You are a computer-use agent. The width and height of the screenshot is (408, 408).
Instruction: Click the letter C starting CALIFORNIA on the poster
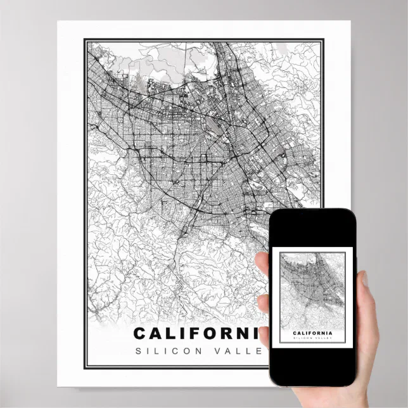[x=141, y=333]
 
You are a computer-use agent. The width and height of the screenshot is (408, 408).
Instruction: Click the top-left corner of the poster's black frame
[x=86, y=40]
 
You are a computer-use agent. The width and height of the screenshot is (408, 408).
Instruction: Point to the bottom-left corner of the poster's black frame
[x=86, y=368]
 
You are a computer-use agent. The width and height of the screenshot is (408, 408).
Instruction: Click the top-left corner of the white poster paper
[x=58, y=22]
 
